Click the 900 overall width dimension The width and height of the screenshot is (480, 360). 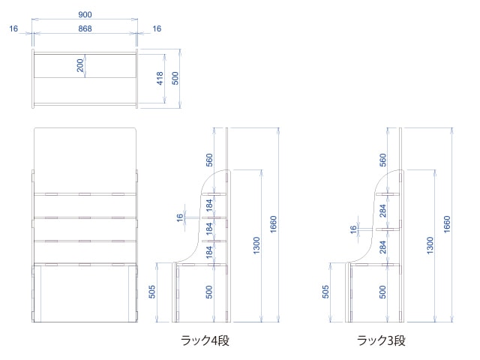[x=85, y=14]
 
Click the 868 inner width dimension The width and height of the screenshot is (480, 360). [x=85, y=28]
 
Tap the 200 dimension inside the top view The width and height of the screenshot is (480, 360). [x=80, y=65]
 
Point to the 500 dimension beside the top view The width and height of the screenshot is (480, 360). [x=175, y=78]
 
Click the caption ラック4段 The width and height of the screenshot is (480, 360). [x=205, y=340]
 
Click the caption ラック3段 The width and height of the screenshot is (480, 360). [x=381, y=340]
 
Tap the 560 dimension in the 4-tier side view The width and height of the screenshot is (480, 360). [x=210, y=160]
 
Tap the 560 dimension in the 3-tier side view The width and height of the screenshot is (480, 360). [x=384, y=160]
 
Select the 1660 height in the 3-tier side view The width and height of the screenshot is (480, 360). [x=447, y=223]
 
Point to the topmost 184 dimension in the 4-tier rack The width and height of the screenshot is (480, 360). [x=210, y=205]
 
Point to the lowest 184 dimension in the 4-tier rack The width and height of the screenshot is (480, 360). [x=210, y=251]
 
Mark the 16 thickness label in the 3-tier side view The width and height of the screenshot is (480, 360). [x=352, y=229]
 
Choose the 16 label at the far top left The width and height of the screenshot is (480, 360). [x=13, y=28]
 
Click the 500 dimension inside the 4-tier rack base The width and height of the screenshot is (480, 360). [x=210, y=291]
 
